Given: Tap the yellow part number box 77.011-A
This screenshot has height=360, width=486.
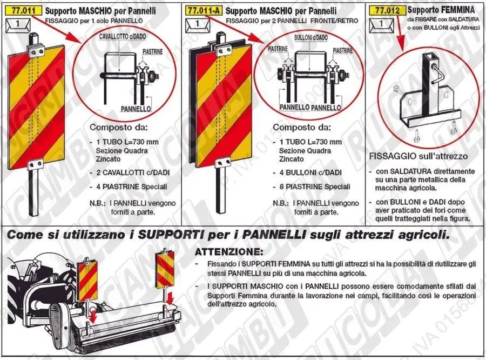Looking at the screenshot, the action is pos(204,11).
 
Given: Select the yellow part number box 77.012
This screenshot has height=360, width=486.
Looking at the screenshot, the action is pos(387,11).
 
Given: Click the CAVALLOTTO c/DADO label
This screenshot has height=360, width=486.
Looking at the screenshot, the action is pos(123,37).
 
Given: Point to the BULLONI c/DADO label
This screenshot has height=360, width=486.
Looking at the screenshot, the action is pos(311,38).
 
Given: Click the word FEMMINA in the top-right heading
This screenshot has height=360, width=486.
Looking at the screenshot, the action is pos(458,10).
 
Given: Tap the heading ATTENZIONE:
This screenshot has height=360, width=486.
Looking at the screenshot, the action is pos(229,252).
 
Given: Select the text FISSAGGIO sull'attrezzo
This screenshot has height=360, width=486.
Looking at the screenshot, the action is pos(418,156).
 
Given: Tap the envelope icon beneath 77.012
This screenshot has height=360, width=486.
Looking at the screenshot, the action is pos(382,24).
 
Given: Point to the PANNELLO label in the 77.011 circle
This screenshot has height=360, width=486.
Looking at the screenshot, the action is pos(136,109).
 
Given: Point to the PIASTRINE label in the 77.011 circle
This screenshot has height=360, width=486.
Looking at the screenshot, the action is pos(152,52).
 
